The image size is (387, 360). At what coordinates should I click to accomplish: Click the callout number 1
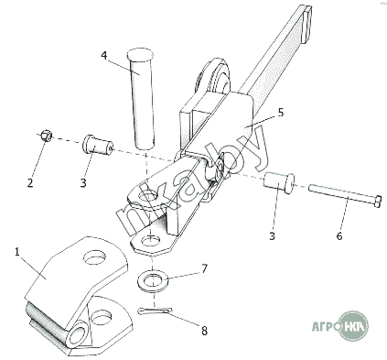point(17,253)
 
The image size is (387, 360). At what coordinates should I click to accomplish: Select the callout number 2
point(30,183)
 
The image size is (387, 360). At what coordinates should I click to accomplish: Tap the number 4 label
point(104,56)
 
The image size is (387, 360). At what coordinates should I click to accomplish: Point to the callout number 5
point(281,113)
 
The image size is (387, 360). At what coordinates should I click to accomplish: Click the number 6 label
point(339,235)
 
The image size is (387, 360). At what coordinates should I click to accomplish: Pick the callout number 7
point(204,268)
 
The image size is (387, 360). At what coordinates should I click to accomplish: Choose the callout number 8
point(204,330)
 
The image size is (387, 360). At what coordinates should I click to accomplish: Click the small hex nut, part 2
point(47,136)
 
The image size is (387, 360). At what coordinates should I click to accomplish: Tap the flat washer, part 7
point(153,280)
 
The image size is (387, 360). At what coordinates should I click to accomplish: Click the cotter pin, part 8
point(155,311)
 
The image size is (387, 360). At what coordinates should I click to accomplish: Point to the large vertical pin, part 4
point(140,98)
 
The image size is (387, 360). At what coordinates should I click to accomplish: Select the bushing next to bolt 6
point(279,181)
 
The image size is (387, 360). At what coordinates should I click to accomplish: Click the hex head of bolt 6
point(378,202)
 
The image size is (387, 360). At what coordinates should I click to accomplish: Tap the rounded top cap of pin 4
point(139,54)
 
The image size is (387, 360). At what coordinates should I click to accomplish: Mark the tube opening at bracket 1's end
point(78,335)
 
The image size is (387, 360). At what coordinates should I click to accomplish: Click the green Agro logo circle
point(354,326)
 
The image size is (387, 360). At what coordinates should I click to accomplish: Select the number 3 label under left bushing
point(83,183)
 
